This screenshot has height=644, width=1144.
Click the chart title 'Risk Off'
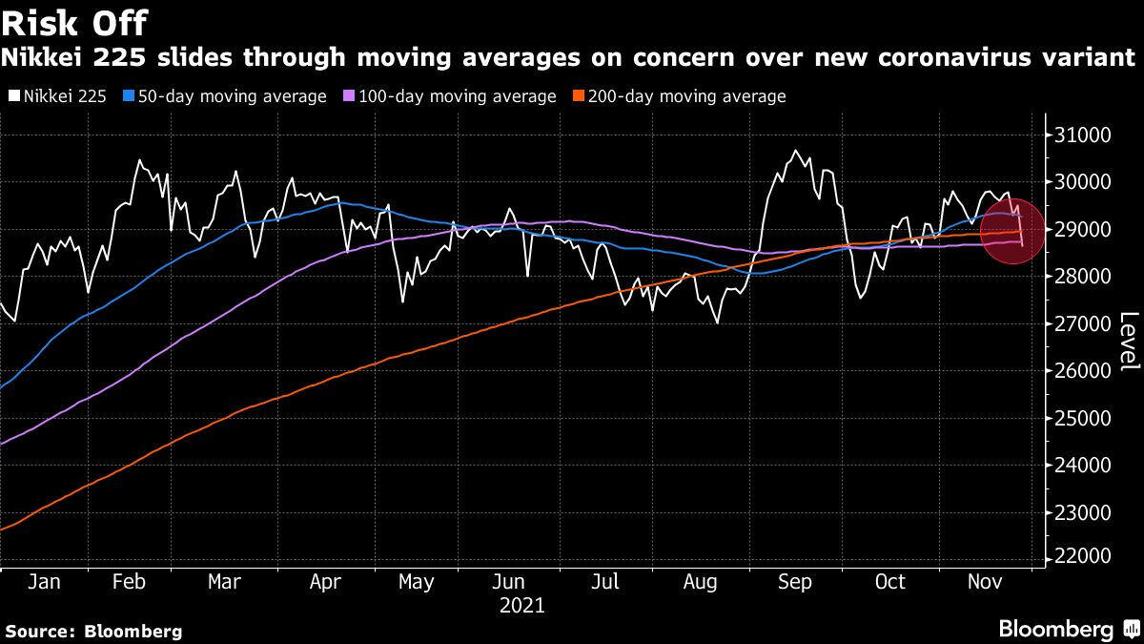(x=74, y=22)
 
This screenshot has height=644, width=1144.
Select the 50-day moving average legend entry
(x=226, y=96)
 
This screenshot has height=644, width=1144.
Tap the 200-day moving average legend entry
(x=681, y=96)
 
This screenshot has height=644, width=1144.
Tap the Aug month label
(x=702, y=582)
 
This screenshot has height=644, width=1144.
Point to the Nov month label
(x=983, y=582)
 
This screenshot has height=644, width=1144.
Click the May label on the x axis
(x=416, y=582)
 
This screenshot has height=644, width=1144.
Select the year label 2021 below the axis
(x=521, y=605)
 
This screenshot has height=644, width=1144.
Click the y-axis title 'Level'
(x=1128, y=341)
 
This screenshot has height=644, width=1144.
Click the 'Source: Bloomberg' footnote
(x=93, y=631)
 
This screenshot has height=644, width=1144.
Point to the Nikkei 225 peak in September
(x=794, y=151)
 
